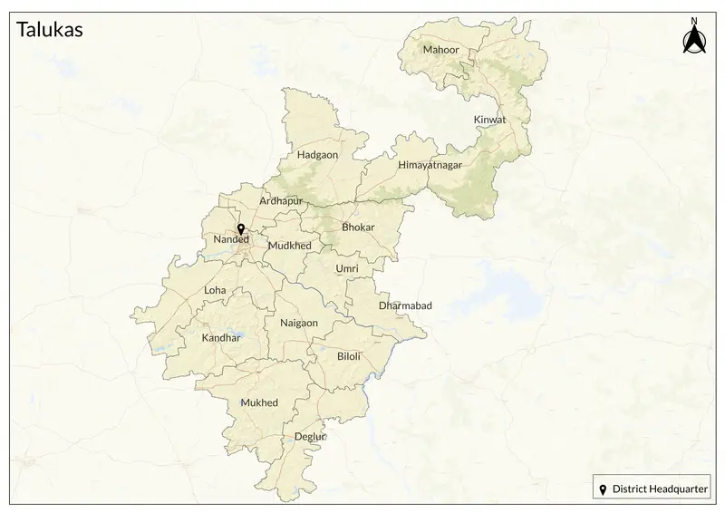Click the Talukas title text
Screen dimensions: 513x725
pyautogui.click(x=50, y=31)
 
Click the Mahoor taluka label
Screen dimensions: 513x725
pyautogui.click(x=440, y=49)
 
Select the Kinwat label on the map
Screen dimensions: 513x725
pyautogui.click(x=489, y=120)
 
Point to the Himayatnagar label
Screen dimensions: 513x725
pyautogui.click(x=430, y=165)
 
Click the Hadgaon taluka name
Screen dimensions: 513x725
pyautogui.click(x=317, y=155)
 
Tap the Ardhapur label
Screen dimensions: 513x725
pyautogui.click(x=280, y=200)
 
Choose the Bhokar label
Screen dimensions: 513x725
pyautogui.click(x=358, y=227)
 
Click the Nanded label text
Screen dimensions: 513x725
pyautogui.click(x=231, y=239)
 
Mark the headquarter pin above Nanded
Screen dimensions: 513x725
pyautogui.click(x=240, y=228)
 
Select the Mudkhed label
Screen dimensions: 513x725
pyautogui.click(x=290, y=246)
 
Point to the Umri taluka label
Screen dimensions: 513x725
pyautogui.click(x=346, y=269)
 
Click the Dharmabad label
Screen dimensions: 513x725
pyautogui.click(x=405, y=305)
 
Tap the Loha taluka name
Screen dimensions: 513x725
pyautogui.click(x=216, y=290)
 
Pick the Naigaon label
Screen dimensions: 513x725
pyautogui.click(x=299, y=323)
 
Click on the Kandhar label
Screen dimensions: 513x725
pyautogui.click(x=221, y=337)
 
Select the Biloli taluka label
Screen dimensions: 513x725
pyautogui.click(x=349, y=356)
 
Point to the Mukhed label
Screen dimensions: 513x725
pyautogui.click(x=259, y=402)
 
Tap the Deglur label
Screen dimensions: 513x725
pyautogui.click(x=310, y=437)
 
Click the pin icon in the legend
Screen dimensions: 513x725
pyautogui.click(x=604, y=489)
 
